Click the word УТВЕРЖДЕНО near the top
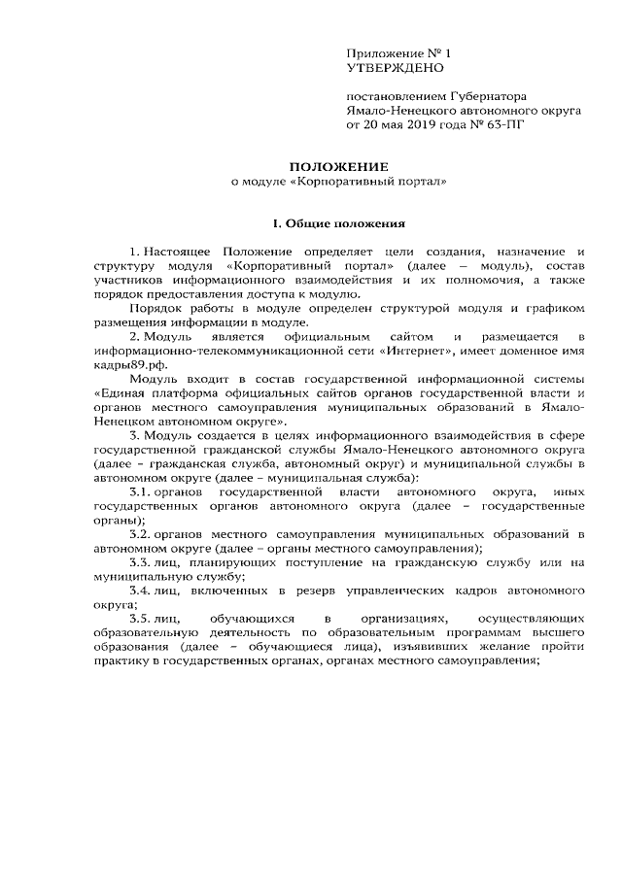click(x=395, y=69)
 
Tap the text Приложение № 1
click(x=399, y=53)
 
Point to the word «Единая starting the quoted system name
click(x=122, y=392)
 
